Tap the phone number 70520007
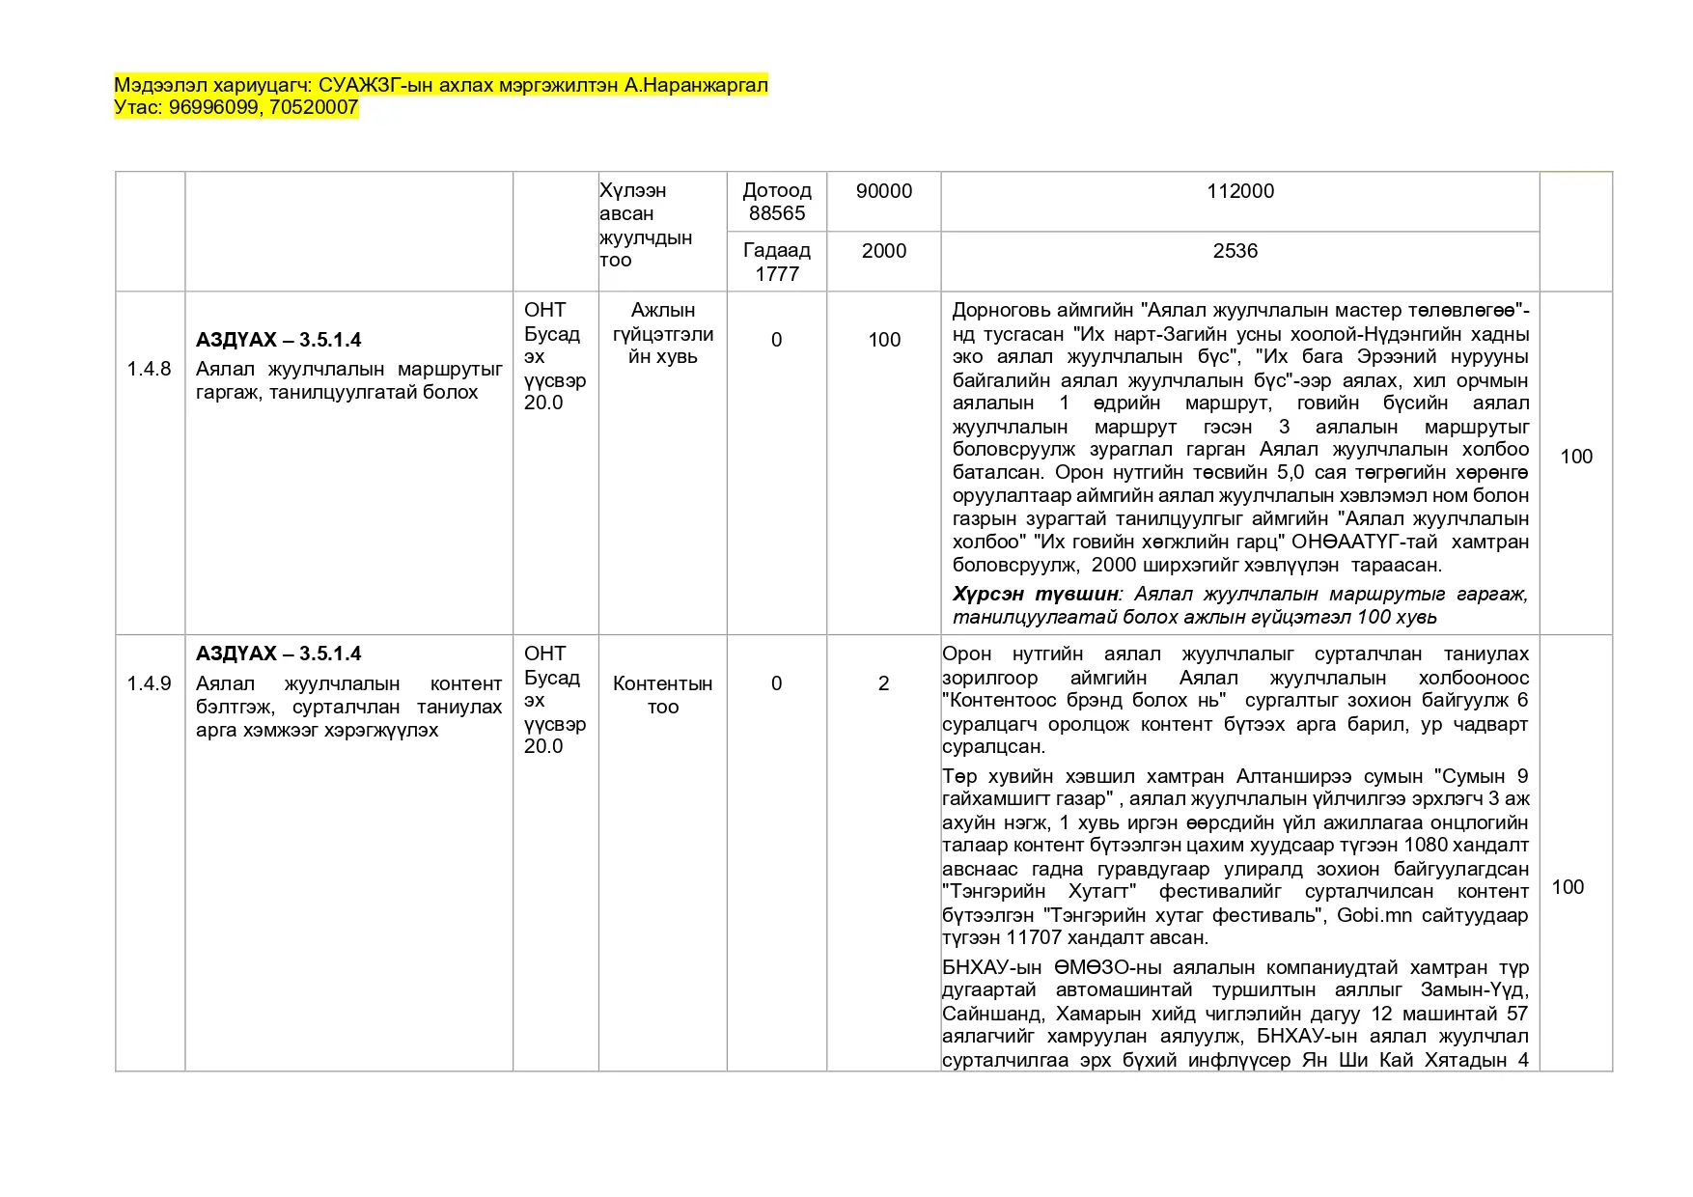314,107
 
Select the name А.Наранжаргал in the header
696,85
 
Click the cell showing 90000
883,191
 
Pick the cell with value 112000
1239,191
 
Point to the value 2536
1235,251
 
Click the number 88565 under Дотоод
776,213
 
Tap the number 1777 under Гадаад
776,274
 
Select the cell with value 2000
883,251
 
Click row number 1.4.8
149,369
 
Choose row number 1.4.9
149,683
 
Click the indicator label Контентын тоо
662,695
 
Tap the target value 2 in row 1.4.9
883,683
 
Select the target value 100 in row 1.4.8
883,340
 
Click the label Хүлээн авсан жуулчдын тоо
645,225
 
